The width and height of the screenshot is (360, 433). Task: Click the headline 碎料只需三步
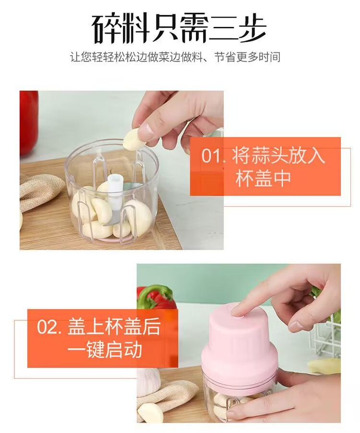[x=180, y=28]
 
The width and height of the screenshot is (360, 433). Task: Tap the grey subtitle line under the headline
[x=175, y=57]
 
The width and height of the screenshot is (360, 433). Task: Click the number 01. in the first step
[x=213, y=155]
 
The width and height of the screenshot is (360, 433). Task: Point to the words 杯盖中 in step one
[x=263, y=178]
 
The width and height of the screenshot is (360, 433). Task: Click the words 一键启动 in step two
[x=105, y=350]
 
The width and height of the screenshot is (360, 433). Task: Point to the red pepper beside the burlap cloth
[x=29, y=121]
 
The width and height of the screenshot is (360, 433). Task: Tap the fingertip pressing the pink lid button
[x=239, y=312]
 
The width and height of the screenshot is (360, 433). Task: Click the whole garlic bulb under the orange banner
[x=149, y=379]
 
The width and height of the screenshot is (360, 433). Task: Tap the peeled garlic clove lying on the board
[x=150, y=412]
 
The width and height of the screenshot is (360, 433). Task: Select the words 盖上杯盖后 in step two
[x=114, y=327]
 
